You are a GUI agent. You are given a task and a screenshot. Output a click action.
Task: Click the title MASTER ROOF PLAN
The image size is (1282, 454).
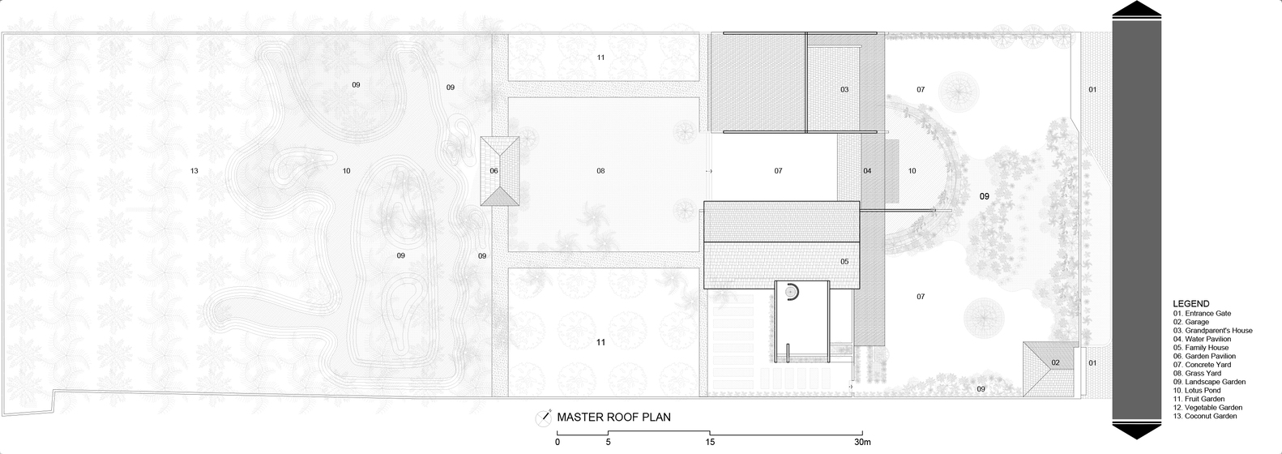(x=613, y=418)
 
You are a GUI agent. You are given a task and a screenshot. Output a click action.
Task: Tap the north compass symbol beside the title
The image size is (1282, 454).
(x=543, y=418)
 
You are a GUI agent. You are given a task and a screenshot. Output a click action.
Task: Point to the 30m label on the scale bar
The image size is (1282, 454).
(x=862, y=442)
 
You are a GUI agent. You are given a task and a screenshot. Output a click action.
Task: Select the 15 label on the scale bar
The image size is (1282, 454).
(x=710, y=442)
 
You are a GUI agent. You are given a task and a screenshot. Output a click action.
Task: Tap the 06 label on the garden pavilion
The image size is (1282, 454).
(x=494, y=170)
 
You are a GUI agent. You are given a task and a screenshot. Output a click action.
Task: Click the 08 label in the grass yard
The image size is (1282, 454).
(x=600, y=170)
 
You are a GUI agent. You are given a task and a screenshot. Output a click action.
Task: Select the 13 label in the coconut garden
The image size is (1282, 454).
(x=194, y=170)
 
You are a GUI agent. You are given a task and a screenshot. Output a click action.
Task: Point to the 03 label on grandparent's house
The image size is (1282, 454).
(x=844, y=89)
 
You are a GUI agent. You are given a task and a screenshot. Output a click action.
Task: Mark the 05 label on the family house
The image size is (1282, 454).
(x=844, y=262)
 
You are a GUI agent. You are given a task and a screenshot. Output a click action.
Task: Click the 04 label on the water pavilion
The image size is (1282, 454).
(x=867, y=170)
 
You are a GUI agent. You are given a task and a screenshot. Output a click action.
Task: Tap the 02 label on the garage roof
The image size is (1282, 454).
(x=1055, y=362)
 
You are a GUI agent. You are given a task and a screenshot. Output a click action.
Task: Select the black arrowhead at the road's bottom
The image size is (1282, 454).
(x=1137, y=431)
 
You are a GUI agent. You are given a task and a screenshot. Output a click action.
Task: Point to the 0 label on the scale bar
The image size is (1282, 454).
(x=558, y=442)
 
